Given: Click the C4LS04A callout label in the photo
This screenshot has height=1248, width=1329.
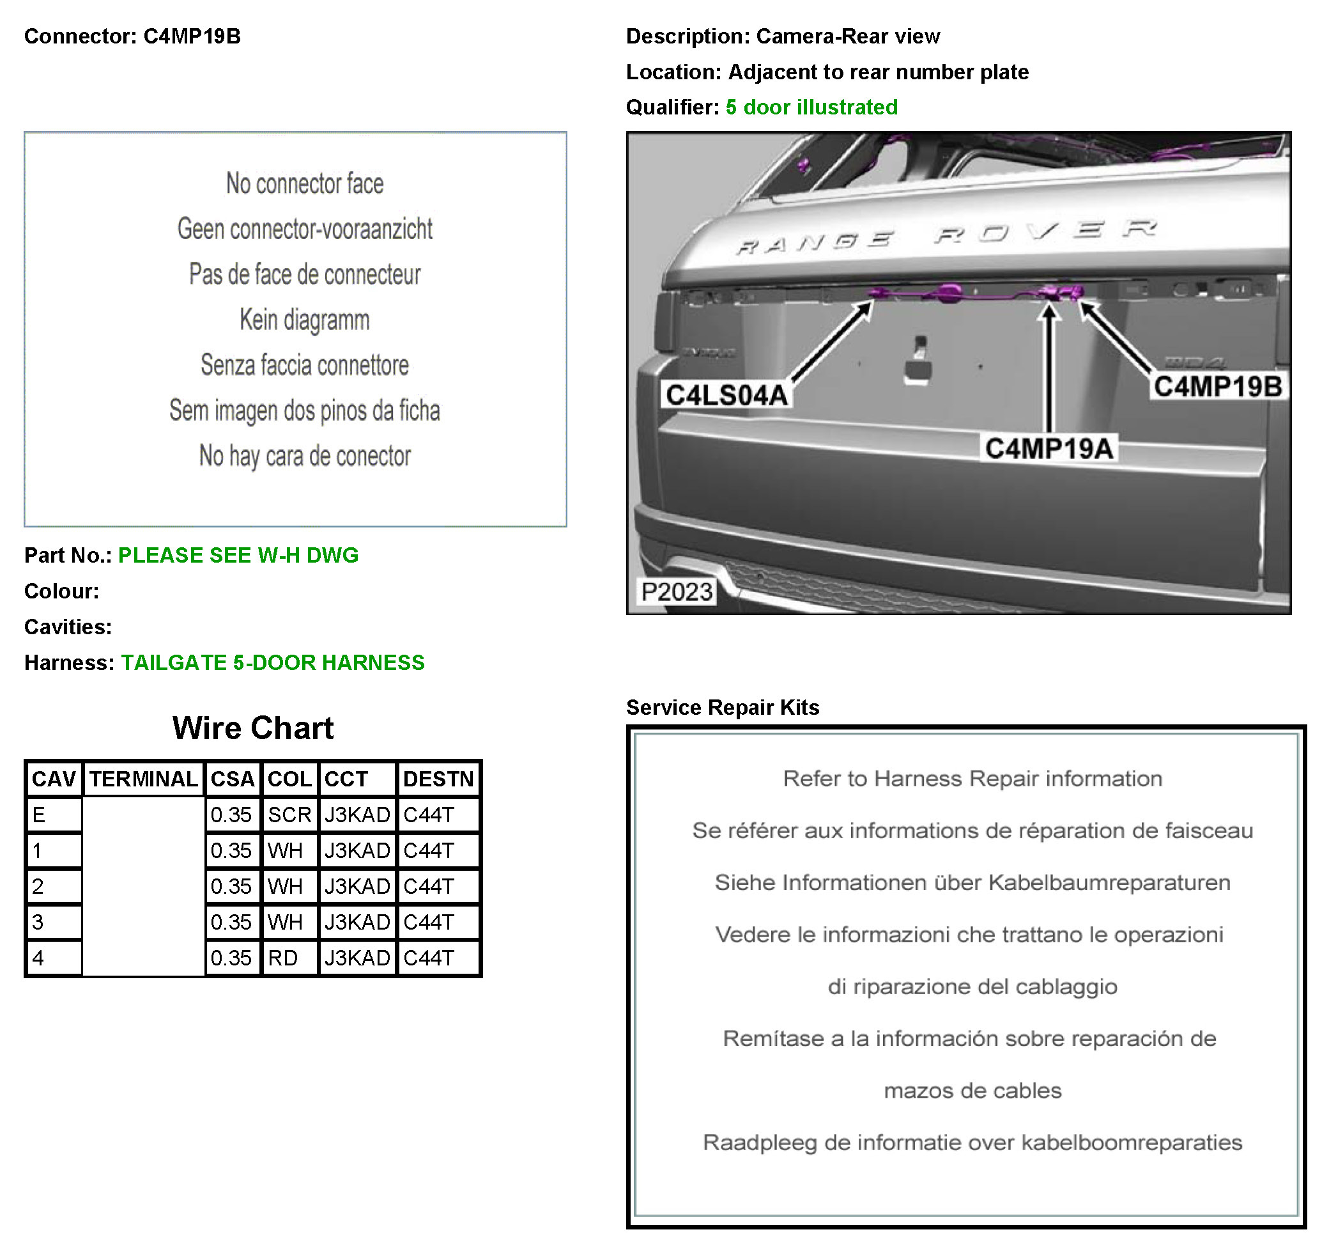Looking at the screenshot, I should click(x=726, y=395).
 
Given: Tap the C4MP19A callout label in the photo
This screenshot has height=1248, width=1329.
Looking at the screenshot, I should click(x=1049, y=448).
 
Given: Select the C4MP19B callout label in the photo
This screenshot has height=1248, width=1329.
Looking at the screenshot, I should click(x=1217, y=387).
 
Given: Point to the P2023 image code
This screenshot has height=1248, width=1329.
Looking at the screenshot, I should click(x=677, y=592).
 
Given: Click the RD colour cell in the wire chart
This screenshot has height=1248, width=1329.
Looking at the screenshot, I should click(x=284, y=958).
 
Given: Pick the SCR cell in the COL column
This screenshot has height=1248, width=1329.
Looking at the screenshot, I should click(x=289, y=815).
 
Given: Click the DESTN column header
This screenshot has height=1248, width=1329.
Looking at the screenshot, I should click(x=438, y=779).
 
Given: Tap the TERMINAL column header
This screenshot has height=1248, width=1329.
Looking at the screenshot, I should click(x=144, y=779).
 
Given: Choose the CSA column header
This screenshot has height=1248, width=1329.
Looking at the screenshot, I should click(x=232, y=779).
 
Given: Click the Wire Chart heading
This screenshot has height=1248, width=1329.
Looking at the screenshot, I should click(x=252, y=728).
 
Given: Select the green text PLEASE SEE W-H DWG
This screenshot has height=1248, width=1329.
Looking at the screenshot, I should click(x=238, y=555).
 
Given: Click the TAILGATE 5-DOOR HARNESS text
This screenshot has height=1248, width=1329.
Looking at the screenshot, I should click(x=273, y=663).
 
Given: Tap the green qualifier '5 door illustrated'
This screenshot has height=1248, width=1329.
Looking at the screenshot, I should click(x=811, y=107).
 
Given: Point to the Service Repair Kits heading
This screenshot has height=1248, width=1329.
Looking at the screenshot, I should click(x=723, y=708).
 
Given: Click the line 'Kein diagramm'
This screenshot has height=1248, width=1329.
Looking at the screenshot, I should click(x=305, y=320).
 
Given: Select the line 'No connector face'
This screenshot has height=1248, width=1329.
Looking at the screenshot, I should click(x=305, y=184).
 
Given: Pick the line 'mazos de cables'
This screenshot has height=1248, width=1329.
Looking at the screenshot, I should click(x=972, y=1091).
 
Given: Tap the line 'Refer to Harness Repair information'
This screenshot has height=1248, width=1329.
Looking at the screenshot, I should click(x=972, y=779).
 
